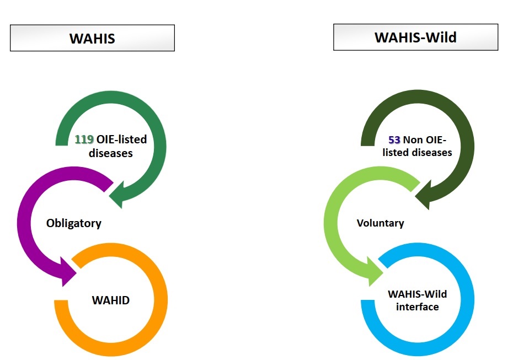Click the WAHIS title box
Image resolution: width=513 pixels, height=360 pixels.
(x=92, y=38)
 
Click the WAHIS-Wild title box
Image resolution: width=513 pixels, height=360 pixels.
(x=415, y=37)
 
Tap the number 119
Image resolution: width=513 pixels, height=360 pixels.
(x=85, y=140)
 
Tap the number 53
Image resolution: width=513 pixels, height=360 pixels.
(x=394, y=139)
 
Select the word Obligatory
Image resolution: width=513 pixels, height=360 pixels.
(x=74, y=223)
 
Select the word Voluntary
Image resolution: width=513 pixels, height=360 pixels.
(x=380, y=223)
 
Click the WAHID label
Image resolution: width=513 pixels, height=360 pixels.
(x=110, y=300)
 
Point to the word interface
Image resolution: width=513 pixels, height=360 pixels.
(x=417, y=307)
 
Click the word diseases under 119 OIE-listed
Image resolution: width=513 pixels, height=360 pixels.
(x=111, y=153)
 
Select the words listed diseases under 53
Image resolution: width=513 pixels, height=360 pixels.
(x=418, y=152)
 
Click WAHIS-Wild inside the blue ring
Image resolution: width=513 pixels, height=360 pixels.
(x=418, y=294)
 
